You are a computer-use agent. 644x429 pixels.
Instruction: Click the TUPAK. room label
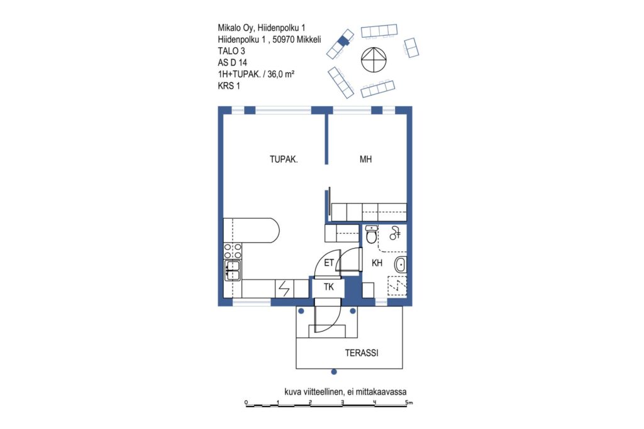coord(284,159)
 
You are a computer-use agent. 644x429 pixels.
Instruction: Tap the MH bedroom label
coord(365,159)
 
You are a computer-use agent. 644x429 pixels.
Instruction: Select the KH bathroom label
coord(377,263)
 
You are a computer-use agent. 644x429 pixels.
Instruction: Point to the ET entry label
coord(329,263)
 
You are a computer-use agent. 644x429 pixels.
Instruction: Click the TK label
coord(328,287)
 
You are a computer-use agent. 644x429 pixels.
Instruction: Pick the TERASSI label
coord(362,353)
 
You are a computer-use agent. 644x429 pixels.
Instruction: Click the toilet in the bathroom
coord(371,234)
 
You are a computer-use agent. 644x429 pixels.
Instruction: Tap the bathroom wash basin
coord(401,264)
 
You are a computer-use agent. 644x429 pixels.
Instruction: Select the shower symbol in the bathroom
coord(395,234)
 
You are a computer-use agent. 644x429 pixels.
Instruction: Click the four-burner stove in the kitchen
coord(233,251)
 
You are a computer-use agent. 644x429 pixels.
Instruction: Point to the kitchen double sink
coord(233,270)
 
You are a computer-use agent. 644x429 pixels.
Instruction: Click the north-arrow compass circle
coord(374,60)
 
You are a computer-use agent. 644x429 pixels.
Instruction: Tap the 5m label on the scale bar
coord(409,403)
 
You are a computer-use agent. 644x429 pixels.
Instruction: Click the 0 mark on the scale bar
coord(246,402)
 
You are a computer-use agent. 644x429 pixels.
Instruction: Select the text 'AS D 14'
coord(233,63)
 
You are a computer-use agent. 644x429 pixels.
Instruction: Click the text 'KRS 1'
coord(229,86)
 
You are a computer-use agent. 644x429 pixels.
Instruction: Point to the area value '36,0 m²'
coord(281,74)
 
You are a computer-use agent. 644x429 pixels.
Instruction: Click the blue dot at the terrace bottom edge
coord(334,372)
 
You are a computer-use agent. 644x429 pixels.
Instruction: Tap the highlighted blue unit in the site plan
coord(343,40)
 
